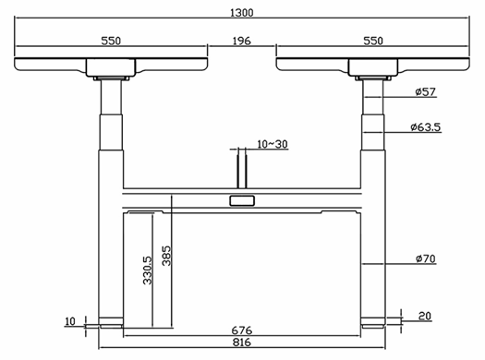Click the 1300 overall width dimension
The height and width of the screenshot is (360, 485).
[241, 13]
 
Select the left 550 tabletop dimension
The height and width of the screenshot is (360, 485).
[111, 41]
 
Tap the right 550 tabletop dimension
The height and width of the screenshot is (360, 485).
[373, 41]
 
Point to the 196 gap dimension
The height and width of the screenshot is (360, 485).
[241, 41]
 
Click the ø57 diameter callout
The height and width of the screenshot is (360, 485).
[425, 91]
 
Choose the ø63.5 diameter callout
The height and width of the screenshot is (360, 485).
[425, 127]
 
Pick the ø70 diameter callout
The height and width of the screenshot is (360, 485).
[425, 258]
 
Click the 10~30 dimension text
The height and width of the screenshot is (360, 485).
[273, 144]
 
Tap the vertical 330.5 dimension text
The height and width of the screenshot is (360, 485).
[148, 270]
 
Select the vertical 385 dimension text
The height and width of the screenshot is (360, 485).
[166, 256]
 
